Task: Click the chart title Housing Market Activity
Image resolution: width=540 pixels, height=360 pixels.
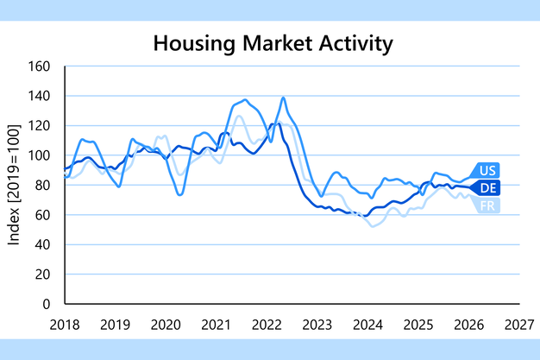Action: click(270, 42)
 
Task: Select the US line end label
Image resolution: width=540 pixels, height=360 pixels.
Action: click(487, 170)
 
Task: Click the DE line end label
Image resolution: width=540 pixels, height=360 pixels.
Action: click(487, 187)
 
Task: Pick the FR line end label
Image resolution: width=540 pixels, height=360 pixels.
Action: click(487, 204)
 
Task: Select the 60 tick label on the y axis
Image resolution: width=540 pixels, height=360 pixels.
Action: click(45, 215)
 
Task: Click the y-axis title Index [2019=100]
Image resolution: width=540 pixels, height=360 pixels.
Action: click(15, 185)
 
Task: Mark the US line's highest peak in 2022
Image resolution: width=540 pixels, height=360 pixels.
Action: click(283, 98)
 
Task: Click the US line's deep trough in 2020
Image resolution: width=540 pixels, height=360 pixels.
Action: click(180, 194)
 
